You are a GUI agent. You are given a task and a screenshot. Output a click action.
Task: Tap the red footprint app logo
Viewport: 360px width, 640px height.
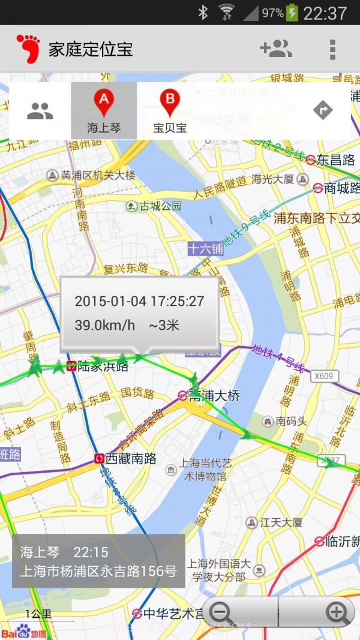(x=28, y=49)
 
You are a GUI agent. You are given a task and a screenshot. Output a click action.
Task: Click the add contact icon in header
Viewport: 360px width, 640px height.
(x=275, y=49)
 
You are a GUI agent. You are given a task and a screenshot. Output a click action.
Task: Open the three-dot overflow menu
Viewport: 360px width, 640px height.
(x=332, y=49)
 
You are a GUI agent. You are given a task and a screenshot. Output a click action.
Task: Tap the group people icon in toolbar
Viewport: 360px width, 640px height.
(x=40, y=110)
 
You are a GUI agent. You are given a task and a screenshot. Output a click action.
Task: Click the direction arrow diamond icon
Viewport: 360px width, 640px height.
(x=323, y=110)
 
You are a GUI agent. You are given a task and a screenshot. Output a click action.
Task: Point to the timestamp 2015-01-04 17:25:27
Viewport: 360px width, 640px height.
(x=139, y=301)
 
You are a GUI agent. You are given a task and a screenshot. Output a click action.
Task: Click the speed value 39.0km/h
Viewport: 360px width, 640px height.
(x=105, y=326)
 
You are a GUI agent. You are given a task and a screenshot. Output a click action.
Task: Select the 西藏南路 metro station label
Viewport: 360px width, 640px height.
(x=131, y=459)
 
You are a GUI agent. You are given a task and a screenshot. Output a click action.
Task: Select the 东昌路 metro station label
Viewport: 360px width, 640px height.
(x=335, y=160)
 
